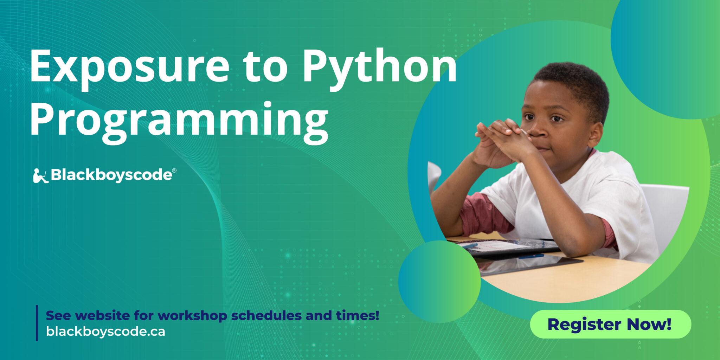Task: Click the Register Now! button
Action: tap(610, 324)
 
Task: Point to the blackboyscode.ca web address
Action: tap(105, 332)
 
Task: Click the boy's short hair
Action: tap(573, 84)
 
